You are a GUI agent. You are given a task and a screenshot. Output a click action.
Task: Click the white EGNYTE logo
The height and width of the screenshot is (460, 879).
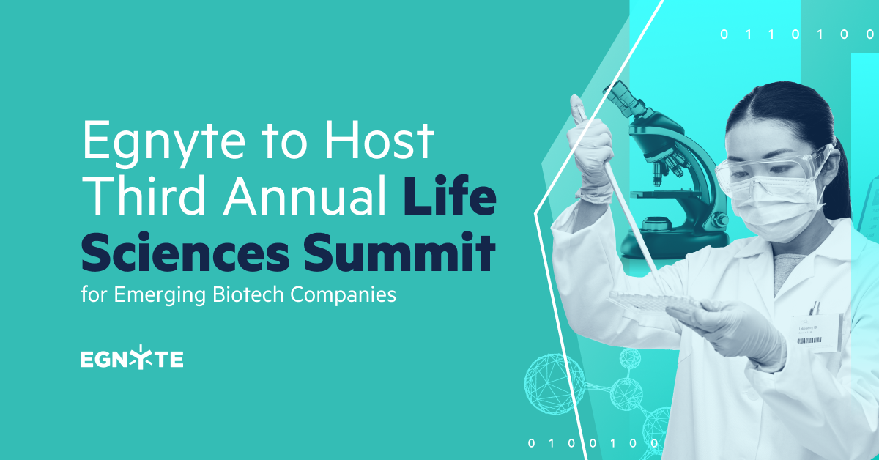tap(132, 360)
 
